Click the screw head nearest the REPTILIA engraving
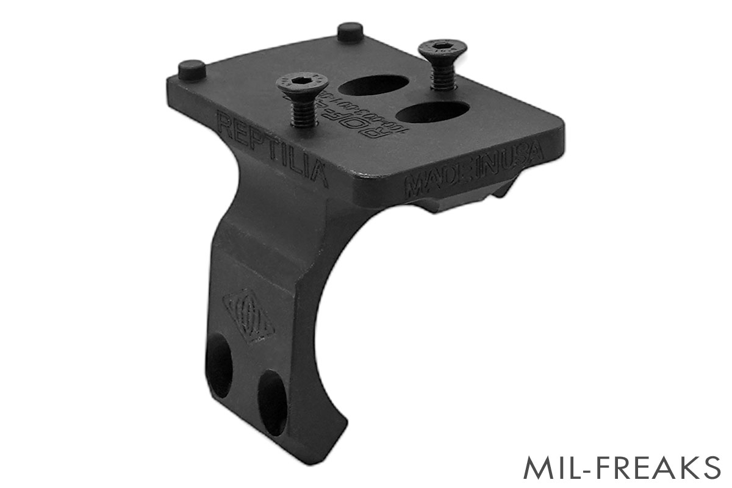click(297, 82)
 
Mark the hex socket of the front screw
click(297, 81)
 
